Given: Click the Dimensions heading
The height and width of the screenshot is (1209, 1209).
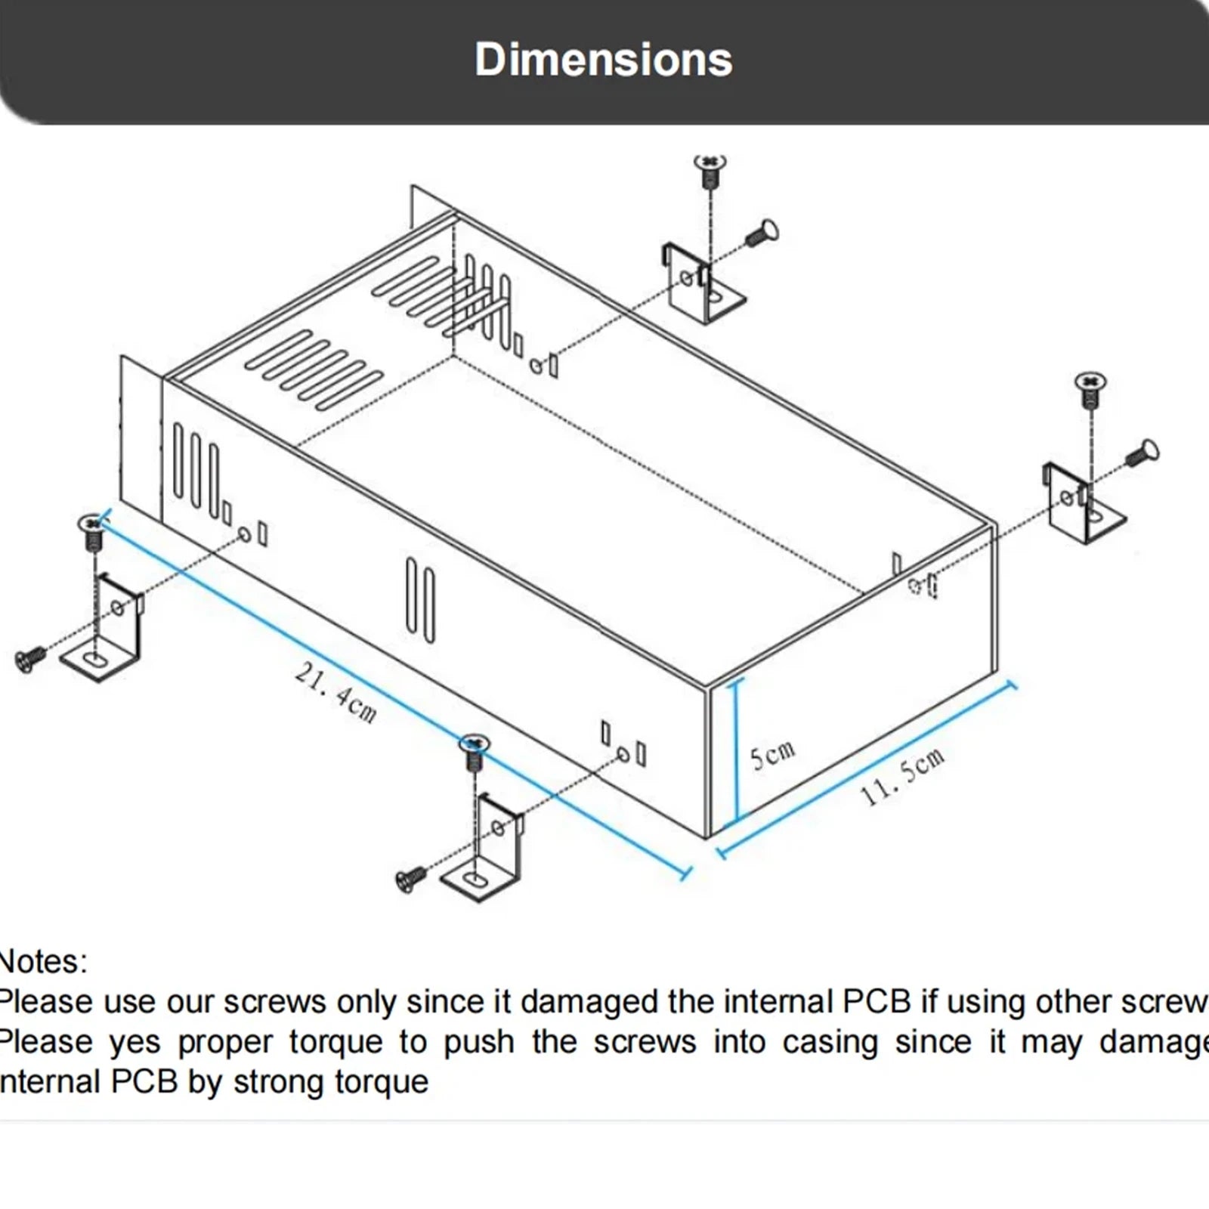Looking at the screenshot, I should pos(603,60).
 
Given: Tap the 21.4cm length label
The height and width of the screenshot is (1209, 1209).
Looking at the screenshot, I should pos(335,692).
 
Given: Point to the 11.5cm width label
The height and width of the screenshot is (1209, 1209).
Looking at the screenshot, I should pos(902,776).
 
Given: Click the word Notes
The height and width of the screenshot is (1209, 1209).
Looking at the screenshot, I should pos(42,962).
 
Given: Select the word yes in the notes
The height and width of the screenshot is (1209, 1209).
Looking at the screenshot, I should pos(135,1042).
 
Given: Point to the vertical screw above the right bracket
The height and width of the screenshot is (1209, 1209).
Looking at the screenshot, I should pos(1090,388).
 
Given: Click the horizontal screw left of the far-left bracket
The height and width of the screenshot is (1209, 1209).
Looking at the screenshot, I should pos(29,660).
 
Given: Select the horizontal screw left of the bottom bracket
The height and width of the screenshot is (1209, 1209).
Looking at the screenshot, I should pos(410,879).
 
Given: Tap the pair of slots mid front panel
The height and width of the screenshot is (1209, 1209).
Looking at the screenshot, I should pos(420,600).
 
